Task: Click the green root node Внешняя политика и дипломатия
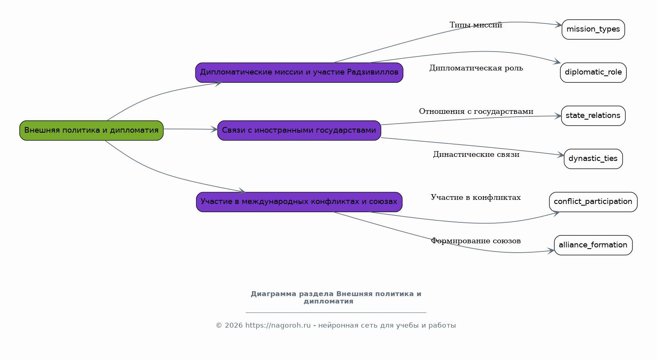point(91,131)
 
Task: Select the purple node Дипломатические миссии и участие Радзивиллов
point(299,72)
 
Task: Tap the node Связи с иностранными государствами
point(299,131)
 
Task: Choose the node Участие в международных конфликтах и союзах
point(299,202)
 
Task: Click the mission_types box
point(593,29)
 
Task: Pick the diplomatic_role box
point(593,72)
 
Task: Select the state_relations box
point(593,116)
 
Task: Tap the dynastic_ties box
point(593,159)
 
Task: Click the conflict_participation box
point(593,202)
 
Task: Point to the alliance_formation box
point(593,245)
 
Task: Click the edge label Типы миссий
point(476,25)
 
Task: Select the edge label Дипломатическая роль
point(476,68)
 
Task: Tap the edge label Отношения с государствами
point(476,111)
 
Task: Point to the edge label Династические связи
point(476,154)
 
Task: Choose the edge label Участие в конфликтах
point(476,197)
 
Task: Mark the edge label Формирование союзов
point(476,241)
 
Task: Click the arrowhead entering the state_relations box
point(558,116)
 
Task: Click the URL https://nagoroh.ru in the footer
point(278,326)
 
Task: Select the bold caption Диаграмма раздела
point(292,294)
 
